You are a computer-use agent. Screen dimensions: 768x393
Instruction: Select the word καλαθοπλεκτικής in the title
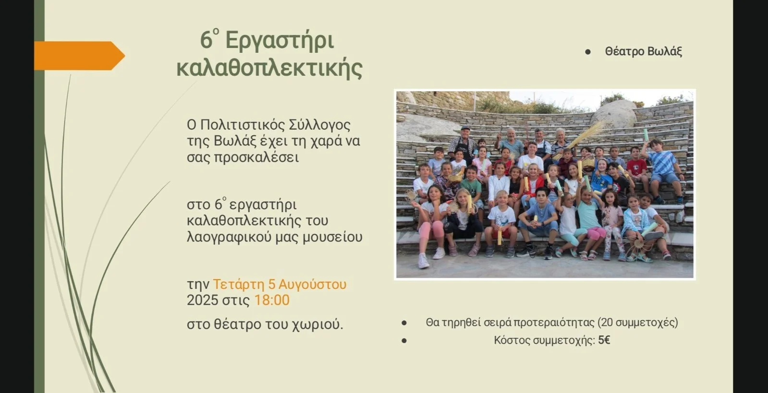[269, 68]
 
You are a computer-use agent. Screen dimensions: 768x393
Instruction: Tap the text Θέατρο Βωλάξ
[643, 51]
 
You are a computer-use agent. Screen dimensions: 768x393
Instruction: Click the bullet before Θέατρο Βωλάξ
[588, 52]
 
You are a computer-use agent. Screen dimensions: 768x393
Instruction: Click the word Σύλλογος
[319, 125]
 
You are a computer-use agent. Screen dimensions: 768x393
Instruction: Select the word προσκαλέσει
[256, 158]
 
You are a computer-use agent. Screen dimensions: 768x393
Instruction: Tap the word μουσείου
[332, 237]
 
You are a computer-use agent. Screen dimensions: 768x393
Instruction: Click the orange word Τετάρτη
[239, 285]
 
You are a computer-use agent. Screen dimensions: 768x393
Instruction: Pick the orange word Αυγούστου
[312, 285]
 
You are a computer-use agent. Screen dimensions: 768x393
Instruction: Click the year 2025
[202, 300]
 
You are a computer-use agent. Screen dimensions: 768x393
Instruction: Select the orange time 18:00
[271, 300]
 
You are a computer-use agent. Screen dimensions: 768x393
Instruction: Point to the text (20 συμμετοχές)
[638, 323]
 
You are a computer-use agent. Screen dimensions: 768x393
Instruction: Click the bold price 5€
[604, 340]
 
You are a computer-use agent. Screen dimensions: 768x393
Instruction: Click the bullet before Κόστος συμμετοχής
[404, 341]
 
